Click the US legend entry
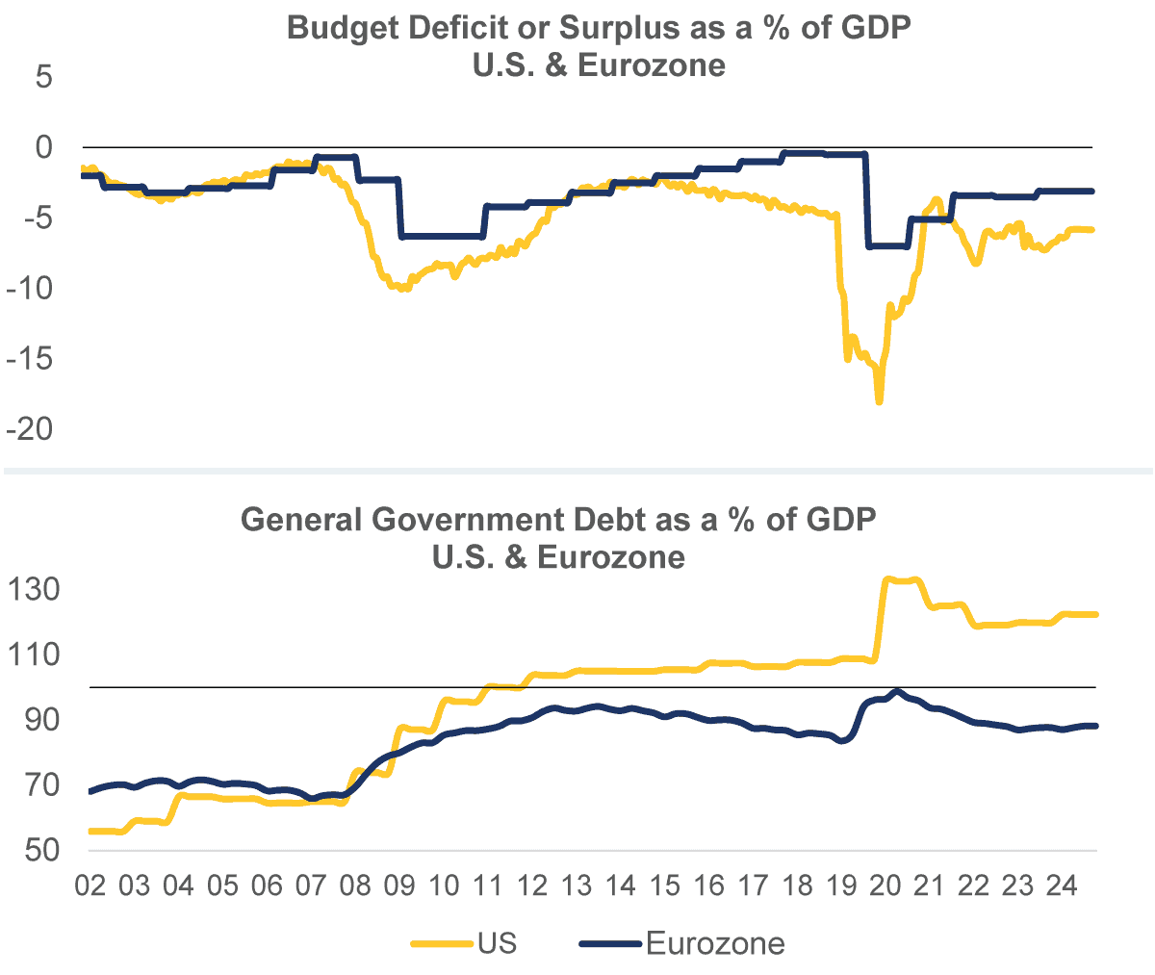pos(497,943)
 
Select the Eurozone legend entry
pos(715,943)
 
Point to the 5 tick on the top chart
pos(44,77)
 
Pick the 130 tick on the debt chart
pos(36,589)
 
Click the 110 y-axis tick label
pos(36,654)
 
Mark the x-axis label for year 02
pos(90,885)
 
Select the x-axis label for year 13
pos(577,885)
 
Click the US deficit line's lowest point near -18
pos(879,400)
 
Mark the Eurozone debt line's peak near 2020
pos(897,691)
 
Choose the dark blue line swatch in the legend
pos(610,943)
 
